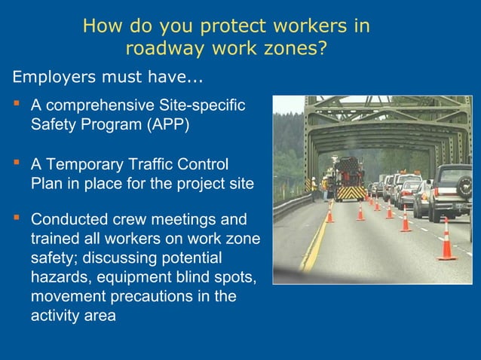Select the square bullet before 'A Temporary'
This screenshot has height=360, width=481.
tap(15, 162)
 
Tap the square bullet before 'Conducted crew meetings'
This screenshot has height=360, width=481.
tap(15, 219)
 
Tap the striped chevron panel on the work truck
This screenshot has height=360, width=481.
tap(349, 193)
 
